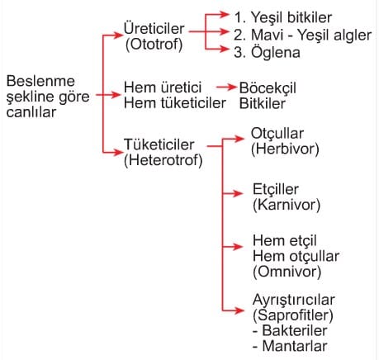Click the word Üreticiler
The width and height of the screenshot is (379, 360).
154,28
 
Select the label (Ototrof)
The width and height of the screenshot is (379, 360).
154,44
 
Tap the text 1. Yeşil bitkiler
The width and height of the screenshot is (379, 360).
283,17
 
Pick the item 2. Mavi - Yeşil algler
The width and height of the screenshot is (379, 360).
302,35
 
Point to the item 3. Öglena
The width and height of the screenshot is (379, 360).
267,52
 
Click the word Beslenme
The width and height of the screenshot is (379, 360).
40,81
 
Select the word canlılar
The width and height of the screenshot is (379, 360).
31,112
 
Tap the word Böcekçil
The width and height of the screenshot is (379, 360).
268,88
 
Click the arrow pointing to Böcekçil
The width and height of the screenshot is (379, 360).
226,88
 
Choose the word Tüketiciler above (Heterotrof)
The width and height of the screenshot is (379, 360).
159,144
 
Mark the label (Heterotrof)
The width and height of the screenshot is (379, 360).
163,160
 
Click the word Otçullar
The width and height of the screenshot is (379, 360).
277,134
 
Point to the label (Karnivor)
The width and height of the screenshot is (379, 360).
287,205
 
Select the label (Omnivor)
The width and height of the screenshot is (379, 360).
287,272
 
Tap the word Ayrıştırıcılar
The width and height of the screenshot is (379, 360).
294,300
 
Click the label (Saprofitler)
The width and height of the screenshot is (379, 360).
293,315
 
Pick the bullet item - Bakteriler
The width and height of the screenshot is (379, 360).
290,330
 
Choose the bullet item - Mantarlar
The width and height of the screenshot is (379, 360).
290,346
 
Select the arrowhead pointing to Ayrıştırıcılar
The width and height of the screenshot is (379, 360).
239,310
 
